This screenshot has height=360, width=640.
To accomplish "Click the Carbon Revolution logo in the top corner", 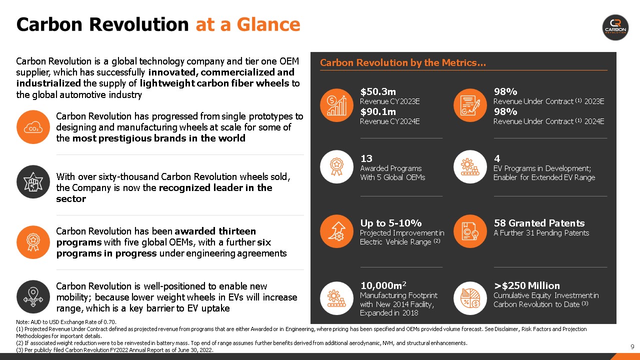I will coord(614,27).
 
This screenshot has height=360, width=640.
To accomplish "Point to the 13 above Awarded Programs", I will coord(366,158).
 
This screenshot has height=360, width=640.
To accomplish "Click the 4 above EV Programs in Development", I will coord(497,158).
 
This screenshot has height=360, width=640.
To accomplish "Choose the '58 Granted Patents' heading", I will coord(539,223).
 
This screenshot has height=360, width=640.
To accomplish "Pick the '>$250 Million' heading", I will coord(527,285).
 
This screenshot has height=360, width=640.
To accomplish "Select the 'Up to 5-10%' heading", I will coord(391,223).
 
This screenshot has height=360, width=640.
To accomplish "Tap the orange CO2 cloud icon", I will coord(33,127).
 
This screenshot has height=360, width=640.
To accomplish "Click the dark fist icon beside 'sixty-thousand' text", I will coord(33,182).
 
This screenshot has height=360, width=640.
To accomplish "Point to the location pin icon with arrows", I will coord(33,296).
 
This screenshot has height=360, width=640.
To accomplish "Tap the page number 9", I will coord(632,347).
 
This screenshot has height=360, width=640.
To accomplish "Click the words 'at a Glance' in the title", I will coord(247,24).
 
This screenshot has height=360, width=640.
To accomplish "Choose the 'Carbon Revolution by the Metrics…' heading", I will coord(403,62).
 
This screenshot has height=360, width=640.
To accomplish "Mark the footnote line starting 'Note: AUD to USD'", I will coord(66,322).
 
